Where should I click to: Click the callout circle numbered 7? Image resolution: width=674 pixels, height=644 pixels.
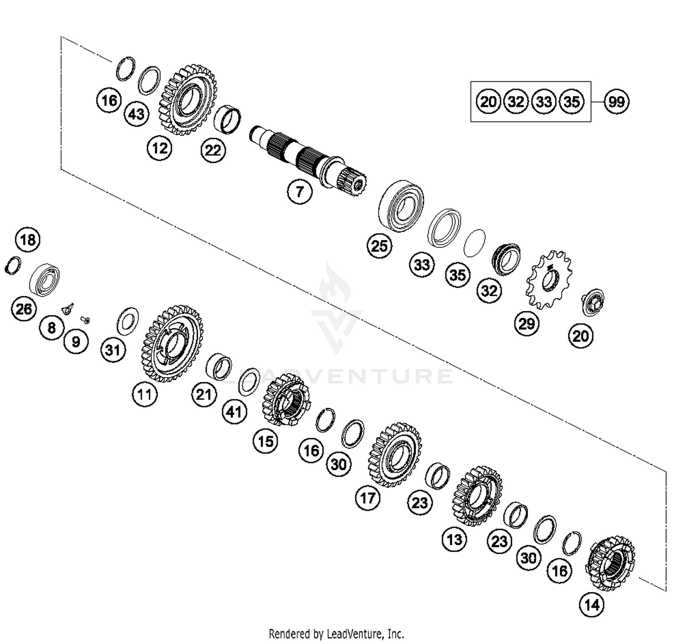point(300,192)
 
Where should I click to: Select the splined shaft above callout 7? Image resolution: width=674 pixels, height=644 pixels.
point(308,158)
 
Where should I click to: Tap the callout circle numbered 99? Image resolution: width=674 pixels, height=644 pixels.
point(616,102)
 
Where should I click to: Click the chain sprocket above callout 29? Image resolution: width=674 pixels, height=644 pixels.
point(549,280)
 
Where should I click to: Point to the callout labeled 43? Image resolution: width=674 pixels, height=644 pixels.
point(136,114)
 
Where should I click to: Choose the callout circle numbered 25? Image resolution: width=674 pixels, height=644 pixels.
point(379,246)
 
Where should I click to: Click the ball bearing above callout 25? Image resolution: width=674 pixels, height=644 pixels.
point(401,206)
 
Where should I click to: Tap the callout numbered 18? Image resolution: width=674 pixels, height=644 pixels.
point(28,240)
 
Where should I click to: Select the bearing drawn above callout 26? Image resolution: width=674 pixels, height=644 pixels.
point(44,280)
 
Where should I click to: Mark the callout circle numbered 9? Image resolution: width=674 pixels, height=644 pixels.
point(76,342)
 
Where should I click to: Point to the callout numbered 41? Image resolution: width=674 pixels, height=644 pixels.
point(234,412)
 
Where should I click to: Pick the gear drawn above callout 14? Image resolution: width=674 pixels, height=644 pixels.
point(610,563)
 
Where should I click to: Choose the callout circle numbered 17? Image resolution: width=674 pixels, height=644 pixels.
point(368,498)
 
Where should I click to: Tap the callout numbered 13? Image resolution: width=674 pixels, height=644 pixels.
point(454,539)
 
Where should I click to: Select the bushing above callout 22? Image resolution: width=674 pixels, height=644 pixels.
point(227,120)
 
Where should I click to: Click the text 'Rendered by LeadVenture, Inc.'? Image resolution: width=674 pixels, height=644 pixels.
point(336,634)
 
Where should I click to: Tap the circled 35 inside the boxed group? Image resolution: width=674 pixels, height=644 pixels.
point(571,102)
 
